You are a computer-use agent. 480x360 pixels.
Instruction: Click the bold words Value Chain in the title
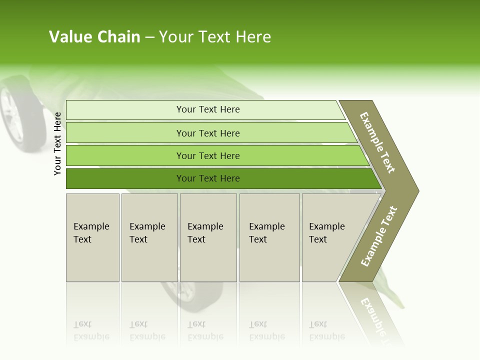[x=94, y=37]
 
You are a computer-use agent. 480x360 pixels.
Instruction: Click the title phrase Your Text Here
[x=215, y=37]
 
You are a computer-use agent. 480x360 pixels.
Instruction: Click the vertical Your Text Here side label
[x=57, y=143]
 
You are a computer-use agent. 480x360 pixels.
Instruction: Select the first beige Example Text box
[x=92, y=237]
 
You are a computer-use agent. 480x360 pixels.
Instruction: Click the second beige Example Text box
[x=149, y=237]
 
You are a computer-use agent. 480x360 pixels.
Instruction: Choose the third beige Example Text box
[x=208, y=237]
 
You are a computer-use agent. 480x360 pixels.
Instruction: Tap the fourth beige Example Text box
[x=269, y=237]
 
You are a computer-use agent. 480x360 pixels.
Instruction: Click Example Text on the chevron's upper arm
[x=377, y=142]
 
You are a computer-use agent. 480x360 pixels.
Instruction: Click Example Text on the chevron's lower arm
[x=379, y=236]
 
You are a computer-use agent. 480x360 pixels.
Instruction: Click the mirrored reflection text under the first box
[x=91, y=330]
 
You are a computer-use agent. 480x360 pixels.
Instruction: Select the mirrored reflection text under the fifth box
[x=326, y=330]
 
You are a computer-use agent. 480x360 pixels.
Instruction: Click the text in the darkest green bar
[x=208, y=178]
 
